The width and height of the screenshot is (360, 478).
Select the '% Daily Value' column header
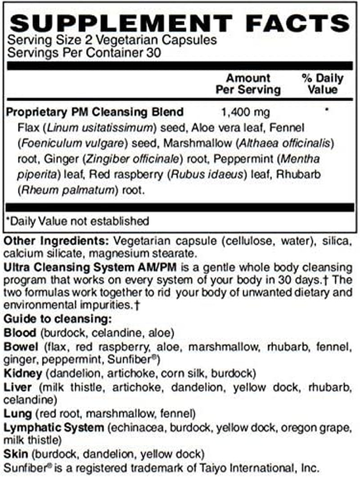click(x=322, y=84)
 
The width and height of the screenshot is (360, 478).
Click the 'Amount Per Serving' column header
click(x=248, y=84)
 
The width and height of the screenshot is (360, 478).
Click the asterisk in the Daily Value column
click(x=325, y=110)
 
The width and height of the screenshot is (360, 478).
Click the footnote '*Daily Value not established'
click(x=76, y=221)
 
